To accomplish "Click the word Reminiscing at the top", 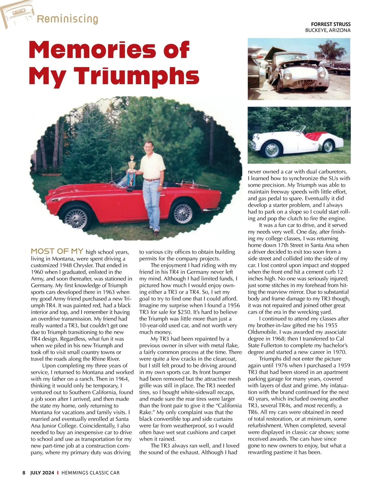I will coord(67,19).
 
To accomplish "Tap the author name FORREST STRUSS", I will coord(331,24).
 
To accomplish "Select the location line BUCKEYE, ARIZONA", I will coord(328,30).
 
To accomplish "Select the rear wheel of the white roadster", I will coord(328,146).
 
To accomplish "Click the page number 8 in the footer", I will coord(24,473).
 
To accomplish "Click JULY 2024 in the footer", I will coord(42,473).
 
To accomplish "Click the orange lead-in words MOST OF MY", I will coord(57,251).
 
